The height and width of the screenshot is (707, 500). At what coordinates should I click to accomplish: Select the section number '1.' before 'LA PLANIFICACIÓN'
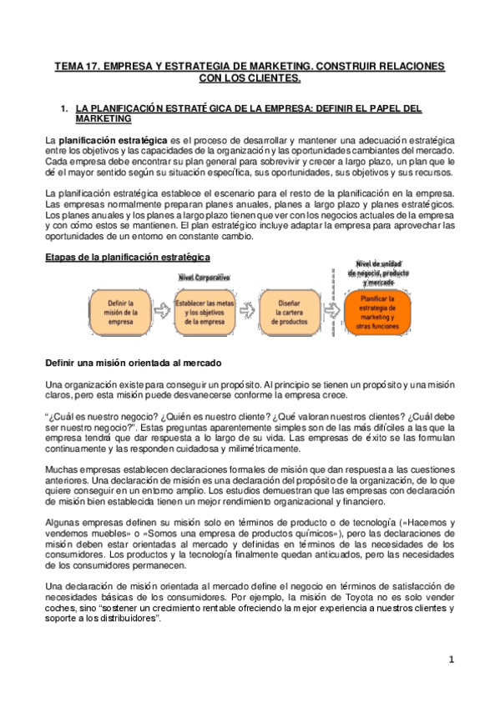pyautogui.click(x=65, y=108)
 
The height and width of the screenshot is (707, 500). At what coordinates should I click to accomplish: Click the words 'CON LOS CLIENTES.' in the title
pyautogui.click(x=249, y=78)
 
